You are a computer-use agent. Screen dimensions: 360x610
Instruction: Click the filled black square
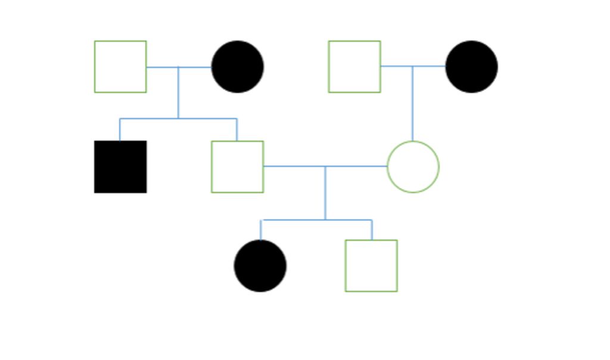[x=120, y=167]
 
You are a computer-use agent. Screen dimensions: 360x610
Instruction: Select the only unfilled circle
[x=413, y=167]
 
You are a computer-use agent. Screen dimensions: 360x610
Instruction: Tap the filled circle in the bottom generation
[x=260, y=266]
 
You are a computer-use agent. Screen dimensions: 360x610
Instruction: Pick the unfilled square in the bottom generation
[x=371, y=266]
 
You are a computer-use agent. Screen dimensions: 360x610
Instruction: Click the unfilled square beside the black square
[x=237, y=167]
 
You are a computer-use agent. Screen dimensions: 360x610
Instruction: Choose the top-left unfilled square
[x=120, y=67]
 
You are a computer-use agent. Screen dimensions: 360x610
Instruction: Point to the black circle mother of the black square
[x=238, y=67]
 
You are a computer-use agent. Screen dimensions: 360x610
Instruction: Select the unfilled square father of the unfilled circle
[x=354, y=67]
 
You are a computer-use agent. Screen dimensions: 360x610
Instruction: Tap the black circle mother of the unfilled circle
[x=471, y=67]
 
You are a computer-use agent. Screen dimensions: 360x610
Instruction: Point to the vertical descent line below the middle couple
[x=325, y=193]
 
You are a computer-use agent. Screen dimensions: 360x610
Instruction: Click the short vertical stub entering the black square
[x=120, y=130]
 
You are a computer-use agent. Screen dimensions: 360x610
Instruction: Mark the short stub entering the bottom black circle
[x=261, y=230]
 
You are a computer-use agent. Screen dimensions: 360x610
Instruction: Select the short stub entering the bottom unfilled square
[x=372, y=230]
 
